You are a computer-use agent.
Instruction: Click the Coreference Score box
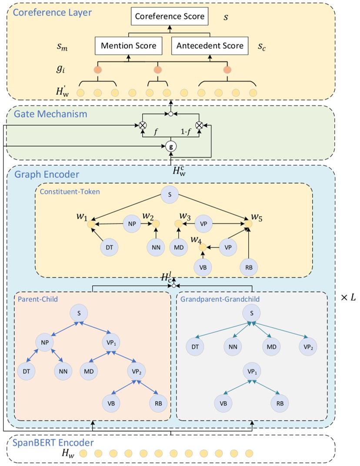pyautogui.click(x=170, y=17)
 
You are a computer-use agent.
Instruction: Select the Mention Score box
pyautogui.click(x=128, y=46)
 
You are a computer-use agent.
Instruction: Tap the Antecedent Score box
pyautogui.click(x=210, y=46)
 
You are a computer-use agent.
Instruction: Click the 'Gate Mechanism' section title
pyautogui.click(x=51, y=114)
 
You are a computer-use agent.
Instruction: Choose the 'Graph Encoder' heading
pyautogui.click(x=47, y=174)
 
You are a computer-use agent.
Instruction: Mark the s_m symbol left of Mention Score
pyautogui.click(x=62, y=47)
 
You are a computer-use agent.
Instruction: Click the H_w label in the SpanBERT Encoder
pyautogui.click(x=67, y=454)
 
